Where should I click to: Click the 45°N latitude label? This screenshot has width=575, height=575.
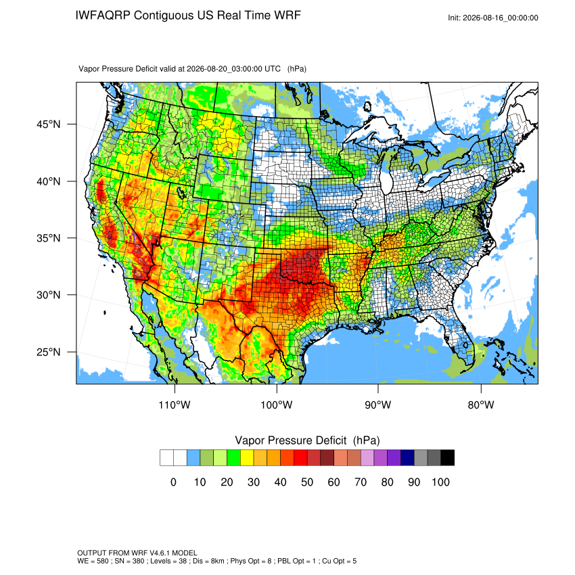click(49, 124)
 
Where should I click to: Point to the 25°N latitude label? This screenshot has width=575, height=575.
click(49, 352)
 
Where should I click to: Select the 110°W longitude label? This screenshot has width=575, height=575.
click(175, 405)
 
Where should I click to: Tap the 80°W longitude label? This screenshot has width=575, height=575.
click(481, 405)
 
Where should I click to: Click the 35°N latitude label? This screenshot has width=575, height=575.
click(49, 238)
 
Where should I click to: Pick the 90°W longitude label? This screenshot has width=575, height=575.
click(377, 405)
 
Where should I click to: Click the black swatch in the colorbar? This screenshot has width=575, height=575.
click(448, 458)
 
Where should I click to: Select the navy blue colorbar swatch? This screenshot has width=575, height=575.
click(407, 458)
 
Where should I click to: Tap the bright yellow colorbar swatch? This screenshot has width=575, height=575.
click(247, 458)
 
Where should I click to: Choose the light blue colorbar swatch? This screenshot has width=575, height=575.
click(193, 458)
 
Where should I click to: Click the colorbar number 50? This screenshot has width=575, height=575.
click(307, 482)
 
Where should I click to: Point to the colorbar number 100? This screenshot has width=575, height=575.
click(440, 482)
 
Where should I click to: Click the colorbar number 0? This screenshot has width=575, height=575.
click(173, 482)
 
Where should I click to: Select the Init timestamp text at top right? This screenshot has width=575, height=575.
click(493, 18)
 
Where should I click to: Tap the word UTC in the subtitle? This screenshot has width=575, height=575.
click(273, 68)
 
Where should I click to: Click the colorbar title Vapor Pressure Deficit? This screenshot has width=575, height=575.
click(290, 440)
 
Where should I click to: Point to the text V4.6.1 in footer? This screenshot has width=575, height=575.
click(160, 553)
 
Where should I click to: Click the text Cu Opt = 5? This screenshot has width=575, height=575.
click(339, 561)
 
